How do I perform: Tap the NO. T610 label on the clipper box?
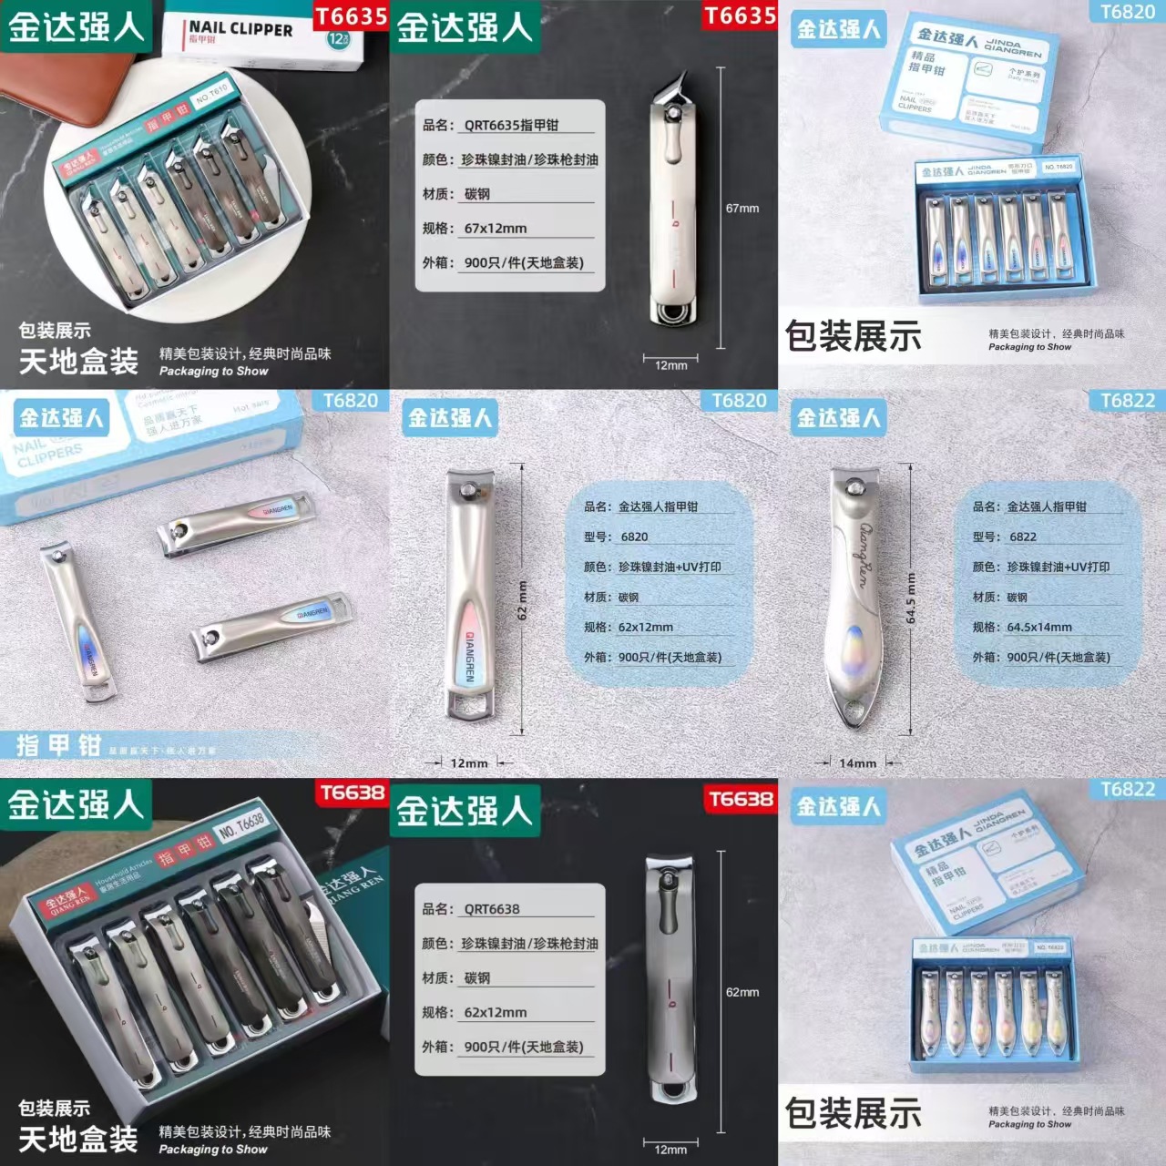212,94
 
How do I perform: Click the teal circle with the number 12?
338,39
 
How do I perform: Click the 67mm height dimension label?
742,209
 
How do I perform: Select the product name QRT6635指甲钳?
511,126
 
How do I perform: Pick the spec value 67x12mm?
496,229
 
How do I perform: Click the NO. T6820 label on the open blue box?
1059,168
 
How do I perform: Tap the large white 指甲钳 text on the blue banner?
58,745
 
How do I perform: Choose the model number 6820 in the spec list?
634,537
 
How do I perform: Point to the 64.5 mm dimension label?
911,598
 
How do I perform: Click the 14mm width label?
858,763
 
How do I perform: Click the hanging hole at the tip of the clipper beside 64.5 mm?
854,711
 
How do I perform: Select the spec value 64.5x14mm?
1038,627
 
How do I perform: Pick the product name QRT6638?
492,909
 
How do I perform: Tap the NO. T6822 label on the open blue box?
1048,947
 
